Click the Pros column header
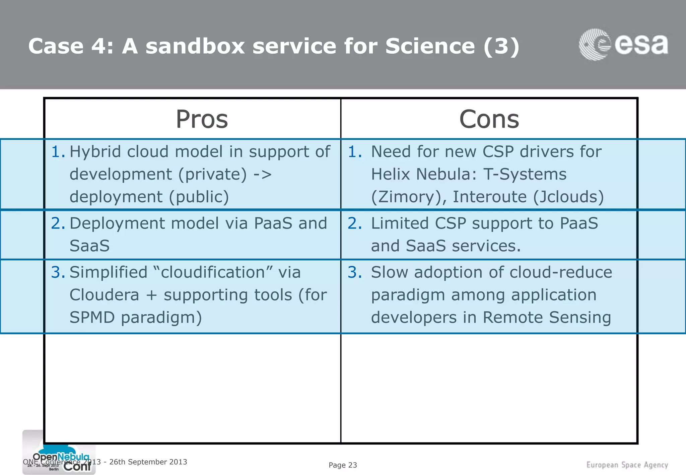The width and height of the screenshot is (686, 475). pyautogui.click(x=202, y=119)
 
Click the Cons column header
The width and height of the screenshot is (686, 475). pyautogui.click(x=489, y=119)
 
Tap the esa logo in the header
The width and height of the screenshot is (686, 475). pyautogui.click(x=623, y=45)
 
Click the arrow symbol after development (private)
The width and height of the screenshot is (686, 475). pyautogui.click(x=262, y=174)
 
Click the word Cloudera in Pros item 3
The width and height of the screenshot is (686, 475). pyautogui.click(x=104, y=295)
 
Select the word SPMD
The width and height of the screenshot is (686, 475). pyautogui.click(x=92, y=318)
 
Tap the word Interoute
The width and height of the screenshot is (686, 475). pyautogui.click(x=489, y=197)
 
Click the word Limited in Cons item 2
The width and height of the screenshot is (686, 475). pyautogui.click(x=399, y=223)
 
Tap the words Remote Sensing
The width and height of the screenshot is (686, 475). pyautogui.click(x=547, y=318)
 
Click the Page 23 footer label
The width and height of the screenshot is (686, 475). pyautogui.click(x=343, y=465)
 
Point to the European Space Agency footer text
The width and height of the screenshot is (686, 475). pyautogui.click(x=627, y=465)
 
